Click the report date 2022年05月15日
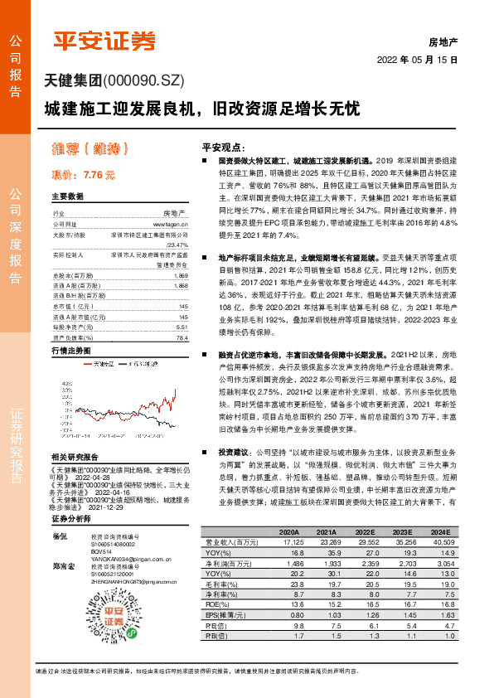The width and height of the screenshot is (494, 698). point(418,61)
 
